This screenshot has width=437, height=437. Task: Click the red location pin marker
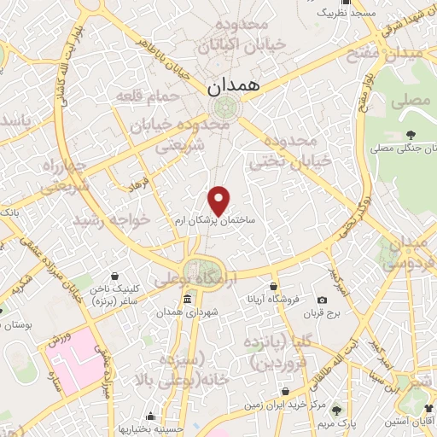tap(219, 200)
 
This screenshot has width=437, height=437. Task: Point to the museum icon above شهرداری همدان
tap(187, 299)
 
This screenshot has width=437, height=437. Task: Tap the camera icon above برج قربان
tap(322, 300)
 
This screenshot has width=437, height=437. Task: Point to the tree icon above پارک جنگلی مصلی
tap(411, 134)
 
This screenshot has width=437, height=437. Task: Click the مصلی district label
tap(409, 100)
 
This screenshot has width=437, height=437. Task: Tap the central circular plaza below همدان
tap(225, 108)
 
